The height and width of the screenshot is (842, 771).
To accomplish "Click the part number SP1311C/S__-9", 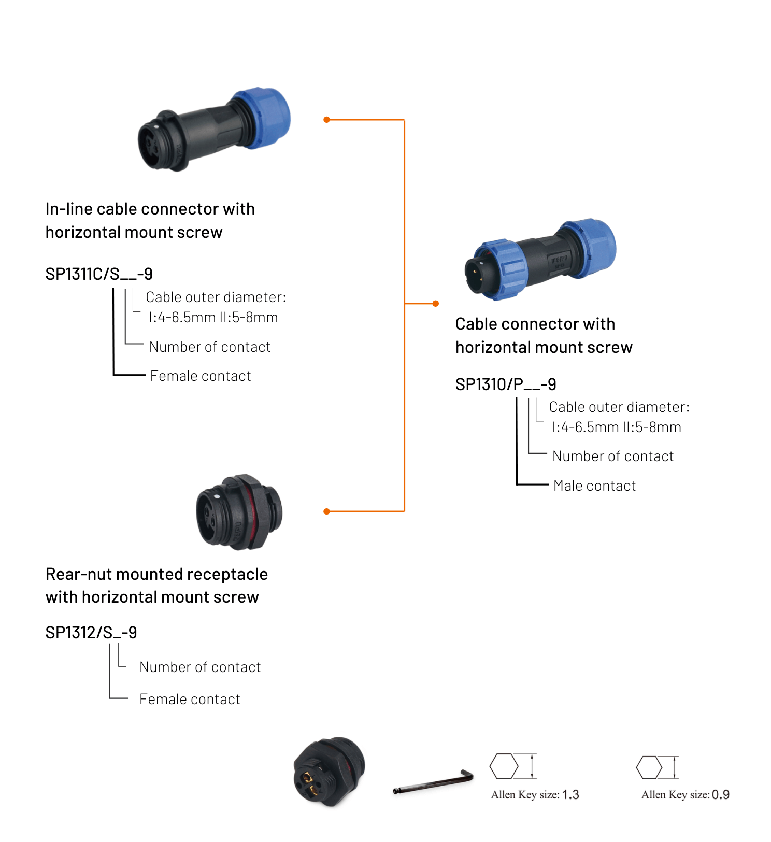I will tap(99, 274).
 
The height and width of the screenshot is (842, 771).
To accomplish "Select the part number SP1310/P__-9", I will tap(505, 384).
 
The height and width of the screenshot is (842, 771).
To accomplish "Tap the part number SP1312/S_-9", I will tap(91, 632).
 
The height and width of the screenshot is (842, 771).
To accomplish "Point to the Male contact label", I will tap(594, 486).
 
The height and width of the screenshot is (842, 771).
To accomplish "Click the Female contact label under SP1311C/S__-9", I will tap(201, 376).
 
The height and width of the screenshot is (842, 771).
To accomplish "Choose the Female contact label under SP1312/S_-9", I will tap(190, 699).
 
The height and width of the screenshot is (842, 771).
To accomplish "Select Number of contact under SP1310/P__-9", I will tap(613, 456).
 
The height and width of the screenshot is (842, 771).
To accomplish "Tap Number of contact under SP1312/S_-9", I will tap(200, 667).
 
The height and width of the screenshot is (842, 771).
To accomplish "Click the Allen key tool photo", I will tap(433, 781).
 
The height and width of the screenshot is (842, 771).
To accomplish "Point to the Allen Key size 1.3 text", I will tap(535, 794).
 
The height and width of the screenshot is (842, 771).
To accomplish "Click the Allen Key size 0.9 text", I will tap(685, 794).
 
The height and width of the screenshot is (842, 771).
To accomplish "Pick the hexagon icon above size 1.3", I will tap(504, 766).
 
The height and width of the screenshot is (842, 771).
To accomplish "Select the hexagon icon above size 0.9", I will tap(649, 767).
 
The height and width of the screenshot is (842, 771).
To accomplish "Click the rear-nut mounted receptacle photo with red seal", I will tap(239, 511).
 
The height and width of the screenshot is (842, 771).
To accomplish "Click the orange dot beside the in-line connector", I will tap(326, 120).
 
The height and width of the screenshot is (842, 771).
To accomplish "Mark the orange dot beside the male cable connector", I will tap(436, 303).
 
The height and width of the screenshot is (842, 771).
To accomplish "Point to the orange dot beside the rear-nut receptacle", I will tap(326, 511).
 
